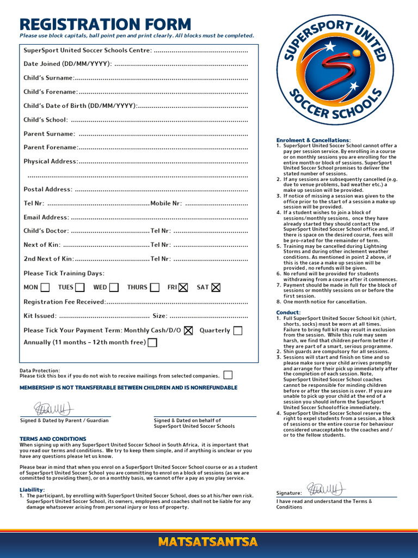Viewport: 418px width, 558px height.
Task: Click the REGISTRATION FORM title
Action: tap(105, 25)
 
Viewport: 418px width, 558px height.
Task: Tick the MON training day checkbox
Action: tap(45, 287)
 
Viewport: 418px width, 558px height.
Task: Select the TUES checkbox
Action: tap(80, 287)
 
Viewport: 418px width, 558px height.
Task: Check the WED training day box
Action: tap(114, 287)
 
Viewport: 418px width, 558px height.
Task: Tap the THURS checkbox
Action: tap(155, 287)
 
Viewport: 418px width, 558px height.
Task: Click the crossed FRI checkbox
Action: tap(183, 287)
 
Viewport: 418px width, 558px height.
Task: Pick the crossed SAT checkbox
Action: tap(216, 287)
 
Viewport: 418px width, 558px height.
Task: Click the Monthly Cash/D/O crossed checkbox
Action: tap(188, 330)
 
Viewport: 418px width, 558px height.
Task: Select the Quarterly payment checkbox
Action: tap(237, 330)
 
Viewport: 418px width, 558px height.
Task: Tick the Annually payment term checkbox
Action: tap(152, 343)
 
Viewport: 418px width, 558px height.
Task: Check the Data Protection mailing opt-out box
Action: tap(228, 375)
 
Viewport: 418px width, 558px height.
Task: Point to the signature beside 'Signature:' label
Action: tap(325, 489)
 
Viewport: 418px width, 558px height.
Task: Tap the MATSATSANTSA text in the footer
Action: tap(208, 542)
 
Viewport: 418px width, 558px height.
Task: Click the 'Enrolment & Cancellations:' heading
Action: tap(313, 141)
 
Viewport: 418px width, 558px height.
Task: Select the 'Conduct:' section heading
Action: tap(288, 313)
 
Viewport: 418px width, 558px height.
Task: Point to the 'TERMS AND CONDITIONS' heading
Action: tap(53, 439)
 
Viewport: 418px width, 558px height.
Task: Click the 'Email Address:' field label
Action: tap(46, 217)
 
